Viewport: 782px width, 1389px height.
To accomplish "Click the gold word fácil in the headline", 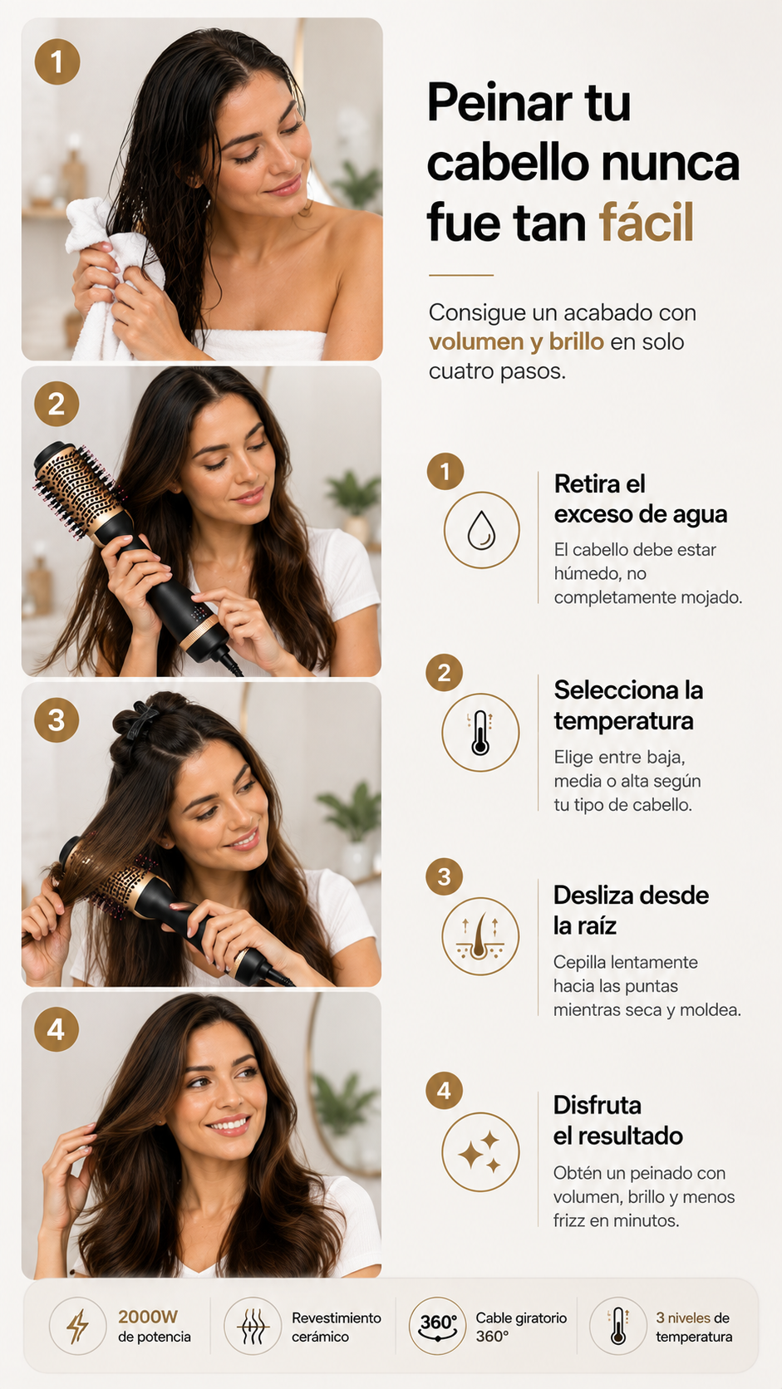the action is click(x=647, y=221).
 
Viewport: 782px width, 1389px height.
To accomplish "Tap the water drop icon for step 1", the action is click(x=481, y=530).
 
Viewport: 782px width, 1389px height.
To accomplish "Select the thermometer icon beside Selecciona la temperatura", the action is click(x=480, y=733).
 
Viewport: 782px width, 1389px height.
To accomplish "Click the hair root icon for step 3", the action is click(x=480, y=936).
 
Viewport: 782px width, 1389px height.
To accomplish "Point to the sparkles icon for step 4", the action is click(x=480, y=1152).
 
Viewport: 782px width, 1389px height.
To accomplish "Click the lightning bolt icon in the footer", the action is click(x=78, y=1327).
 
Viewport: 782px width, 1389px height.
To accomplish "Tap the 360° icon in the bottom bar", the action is click(x=438, y=1327).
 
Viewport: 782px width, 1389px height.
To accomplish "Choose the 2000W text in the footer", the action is click(x=148, y=1317).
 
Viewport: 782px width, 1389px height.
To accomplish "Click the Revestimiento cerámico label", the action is click(x=336, y=1327).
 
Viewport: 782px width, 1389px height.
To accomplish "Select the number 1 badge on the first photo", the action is click(x=57, y=62).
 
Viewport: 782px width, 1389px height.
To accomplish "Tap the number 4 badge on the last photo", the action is click(x=57, y=1030).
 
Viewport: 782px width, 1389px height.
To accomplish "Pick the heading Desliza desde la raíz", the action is click(x=631, y=910).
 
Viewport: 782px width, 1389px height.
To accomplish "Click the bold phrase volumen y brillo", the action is click(x=516, y=341).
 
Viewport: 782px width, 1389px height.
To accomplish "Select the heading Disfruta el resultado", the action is click(x=617, y=1121).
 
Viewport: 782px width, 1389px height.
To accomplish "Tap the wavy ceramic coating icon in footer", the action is click(x=253, y=1327).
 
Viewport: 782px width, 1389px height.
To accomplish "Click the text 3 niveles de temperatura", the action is click(x=694, y=1327).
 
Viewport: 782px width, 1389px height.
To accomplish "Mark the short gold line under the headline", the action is click(x=460, y=275).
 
